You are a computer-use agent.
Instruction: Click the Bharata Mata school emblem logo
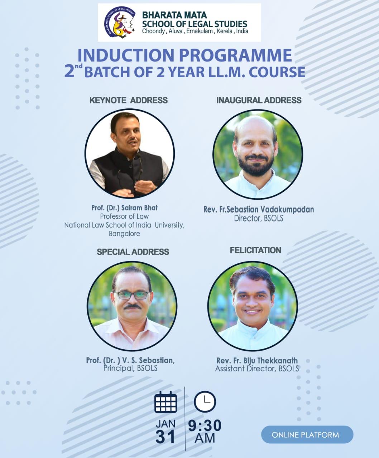coord(120,23)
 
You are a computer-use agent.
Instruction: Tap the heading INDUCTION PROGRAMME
coord(184,55)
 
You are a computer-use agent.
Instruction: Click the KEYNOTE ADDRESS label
coord(128,100)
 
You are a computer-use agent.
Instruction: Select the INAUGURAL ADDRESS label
coord(259,100)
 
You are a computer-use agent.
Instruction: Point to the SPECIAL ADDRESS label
coord(133,252)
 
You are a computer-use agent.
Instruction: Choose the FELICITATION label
coord(255,250)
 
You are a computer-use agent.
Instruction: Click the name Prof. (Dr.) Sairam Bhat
coord(124,208)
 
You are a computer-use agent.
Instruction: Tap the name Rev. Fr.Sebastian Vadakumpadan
coord(259,209)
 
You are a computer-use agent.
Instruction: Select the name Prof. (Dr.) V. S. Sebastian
coord(130,360)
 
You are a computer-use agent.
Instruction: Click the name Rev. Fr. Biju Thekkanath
coord(257,360)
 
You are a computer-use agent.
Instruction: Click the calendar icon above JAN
coord(165,402)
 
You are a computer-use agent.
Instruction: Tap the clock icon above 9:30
coord(205,401)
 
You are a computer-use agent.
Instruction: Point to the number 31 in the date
coord(165,437)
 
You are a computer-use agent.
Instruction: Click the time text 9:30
coord(205,426)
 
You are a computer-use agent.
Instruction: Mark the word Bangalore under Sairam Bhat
coord(124,234)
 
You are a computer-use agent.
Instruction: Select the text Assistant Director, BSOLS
coord(257,369)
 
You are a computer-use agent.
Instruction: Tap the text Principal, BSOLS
coord(130,368)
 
